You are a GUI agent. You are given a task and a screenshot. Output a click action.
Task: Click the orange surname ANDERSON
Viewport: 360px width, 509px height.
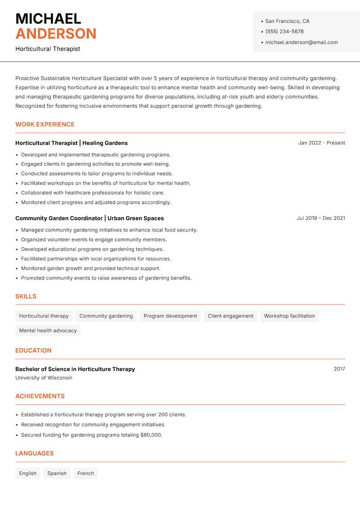[x=56, y=34]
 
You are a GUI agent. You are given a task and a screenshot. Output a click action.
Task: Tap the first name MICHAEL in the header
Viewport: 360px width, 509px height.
[x=48, y=18]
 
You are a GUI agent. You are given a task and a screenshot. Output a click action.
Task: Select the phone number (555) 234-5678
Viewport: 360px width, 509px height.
[x=284, y=32]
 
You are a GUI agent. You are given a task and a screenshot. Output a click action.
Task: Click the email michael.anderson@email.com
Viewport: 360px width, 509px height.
[x=301, y=42]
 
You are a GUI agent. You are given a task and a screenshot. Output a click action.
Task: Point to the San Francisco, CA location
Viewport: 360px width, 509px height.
[x=287, y=21]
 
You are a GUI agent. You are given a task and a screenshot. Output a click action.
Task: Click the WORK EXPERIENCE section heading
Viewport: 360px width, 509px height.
[x=45, y=124]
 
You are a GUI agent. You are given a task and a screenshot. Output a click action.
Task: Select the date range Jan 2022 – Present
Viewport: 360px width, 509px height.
[x=321, y=143]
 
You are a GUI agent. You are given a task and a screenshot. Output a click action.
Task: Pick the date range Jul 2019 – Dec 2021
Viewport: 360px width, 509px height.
[x=320, y=218]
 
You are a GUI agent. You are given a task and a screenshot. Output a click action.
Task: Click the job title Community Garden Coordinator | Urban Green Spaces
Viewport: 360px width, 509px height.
[x=90, y=218]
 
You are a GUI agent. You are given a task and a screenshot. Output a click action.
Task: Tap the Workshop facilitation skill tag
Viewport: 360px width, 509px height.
[x=289, y=316]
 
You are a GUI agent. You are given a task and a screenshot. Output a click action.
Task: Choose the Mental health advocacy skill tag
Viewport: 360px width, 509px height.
[x=48, y=330]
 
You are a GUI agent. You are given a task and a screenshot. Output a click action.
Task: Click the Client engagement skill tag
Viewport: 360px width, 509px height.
[x=230, y=316]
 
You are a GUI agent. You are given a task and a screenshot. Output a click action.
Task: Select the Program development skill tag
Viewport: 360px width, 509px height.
[x=170, y=316]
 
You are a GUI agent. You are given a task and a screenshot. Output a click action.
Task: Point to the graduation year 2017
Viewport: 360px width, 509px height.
[x=339, y=369]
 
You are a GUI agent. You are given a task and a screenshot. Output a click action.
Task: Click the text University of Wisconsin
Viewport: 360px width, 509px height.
[x=44, y=378]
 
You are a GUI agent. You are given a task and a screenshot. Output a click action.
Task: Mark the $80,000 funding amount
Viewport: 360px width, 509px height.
[x=151, y=435]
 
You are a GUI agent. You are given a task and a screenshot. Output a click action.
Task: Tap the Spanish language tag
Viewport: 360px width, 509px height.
[x=57, y=473]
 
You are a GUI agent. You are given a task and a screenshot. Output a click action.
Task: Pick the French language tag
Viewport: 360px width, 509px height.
[x=85, y=473]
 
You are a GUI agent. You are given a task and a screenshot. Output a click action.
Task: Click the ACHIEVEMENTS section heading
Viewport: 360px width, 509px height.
[x=40, y=396]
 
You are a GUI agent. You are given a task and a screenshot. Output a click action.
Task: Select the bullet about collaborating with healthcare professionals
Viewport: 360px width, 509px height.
[x=92, y=193]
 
